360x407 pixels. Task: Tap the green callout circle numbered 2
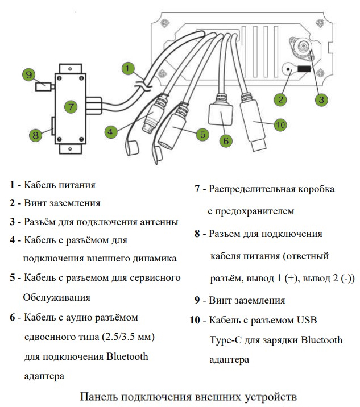coord(279,100)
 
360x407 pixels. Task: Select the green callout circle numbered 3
coord(321,99)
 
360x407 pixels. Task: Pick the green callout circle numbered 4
coord(111,131)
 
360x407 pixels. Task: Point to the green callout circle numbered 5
coord(201,135)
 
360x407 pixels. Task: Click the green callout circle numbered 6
coord(225,140)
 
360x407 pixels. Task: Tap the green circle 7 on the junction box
coord(71,106)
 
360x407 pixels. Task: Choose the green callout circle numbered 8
coord(35,135)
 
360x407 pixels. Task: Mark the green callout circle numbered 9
coord(28,74)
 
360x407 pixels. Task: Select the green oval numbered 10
coord(279,124)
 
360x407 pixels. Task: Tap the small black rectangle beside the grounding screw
coord(304,69)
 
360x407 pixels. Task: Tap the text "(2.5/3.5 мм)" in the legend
coord(125,337)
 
